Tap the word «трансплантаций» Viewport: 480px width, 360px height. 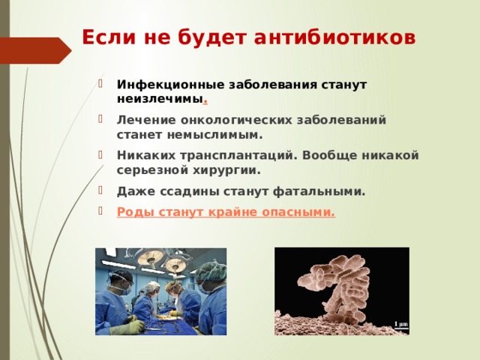(239, 155)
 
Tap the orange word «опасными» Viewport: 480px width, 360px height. (298, 212)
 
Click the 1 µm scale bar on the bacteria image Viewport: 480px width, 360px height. (400, 324)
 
